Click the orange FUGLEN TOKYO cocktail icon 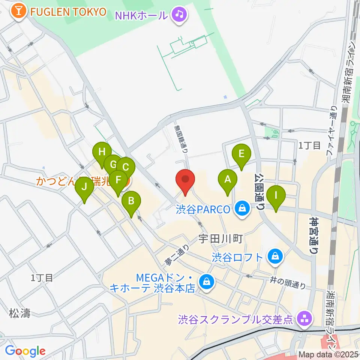click(18, 11)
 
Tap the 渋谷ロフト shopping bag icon click(275, 257)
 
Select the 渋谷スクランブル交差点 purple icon click(303, 319)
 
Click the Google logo click(25, 351)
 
